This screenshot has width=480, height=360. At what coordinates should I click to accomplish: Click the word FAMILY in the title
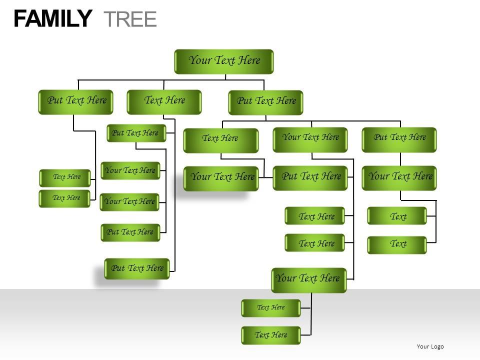pos(52,19)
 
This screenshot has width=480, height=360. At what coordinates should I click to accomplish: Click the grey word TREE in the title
pos(130,19)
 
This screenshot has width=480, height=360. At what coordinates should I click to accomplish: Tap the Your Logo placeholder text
pos(430,346)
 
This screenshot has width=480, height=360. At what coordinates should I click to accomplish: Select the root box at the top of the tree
pos(224,61)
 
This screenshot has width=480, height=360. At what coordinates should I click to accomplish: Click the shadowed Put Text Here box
pos(137,268)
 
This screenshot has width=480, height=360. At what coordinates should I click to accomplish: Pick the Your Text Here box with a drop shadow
pos(221,177)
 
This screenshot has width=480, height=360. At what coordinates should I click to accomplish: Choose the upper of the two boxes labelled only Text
pos(397,216)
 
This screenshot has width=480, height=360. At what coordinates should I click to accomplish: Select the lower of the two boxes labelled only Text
pos(397,244)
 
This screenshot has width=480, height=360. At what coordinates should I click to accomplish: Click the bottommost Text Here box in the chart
pos(271,335)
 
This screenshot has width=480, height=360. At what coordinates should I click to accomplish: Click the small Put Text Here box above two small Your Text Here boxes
pos(136,133)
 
